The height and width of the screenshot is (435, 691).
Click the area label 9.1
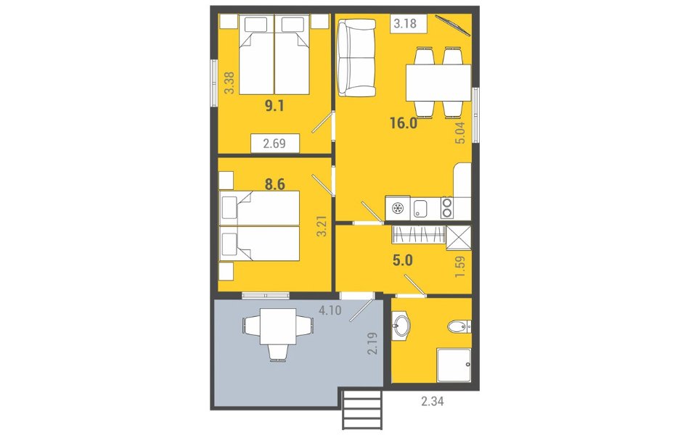point(274,106)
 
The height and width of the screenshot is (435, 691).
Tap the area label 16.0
point(404,123)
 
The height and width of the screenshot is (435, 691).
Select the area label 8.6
point(274,184)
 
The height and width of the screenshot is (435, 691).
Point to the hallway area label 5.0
point(402,260)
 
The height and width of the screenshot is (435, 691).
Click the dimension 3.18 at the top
point(405,23)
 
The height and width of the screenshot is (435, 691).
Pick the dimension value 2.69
point(274,143)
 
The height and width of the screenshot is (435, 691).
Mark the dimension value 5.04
point(460,133)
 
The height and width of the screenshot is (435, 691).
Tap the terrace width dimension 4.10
point(330,310)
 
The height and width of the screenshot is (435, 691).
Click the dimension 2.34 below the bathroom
point(433,401)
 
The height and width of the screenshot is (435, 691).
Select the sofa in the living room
point(356,58)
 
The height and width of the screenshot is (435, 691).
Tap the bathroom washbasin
point(401,326)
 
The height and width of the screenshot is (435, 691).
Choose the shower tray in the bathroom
point(454,365)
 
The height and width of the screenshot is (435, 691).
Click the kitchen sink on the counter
point(420,208)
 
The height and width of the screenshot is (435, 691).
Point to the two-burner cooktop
point(447,208)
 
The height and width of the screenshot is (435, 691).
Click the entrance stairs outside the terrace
point(362,409)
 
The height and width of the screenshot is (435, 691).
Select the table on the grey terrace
point(277,326)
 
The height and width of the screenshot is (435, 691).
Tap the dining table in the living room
point(438,83)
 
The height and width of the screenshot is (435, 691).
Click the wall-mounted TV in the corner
point(453,25)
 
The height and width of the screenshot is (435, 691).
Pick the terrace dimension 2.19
point(372,344)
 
